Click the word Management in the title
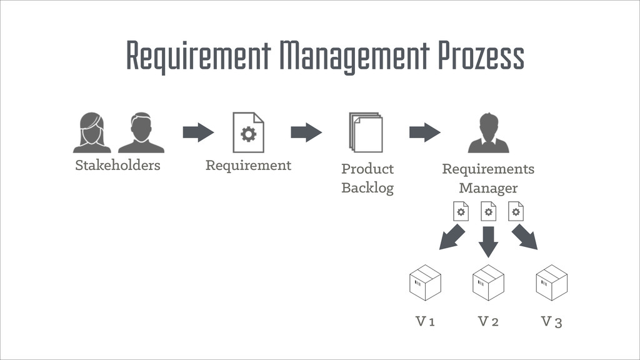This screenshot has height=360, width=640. [355, 56]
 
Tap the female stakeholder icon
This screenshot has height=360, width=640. [92, 132]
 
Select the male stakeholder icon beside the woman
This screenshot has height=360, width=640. [141, 132]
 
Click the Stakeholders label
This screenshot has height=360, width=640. [117, 166]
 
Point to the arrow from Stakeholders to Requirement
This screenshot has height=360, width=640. [198, 132]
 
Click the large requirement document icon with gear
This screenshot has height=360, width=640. [248, 132]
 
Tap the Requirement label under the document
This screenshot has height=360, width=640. [248, 166]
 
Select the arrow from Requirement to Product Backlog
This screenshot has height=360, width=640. [306, 132]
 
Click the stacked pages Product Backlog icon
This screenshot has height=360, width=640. [366, 132]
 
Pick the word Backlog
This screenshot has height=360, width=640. [367, 187]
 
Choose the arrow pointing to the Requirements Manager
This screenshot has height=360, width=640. [424, 132]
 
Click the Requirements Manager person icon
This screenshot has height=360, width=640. [488, 132]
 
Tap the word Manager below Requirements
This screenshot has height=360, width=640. [488, 187]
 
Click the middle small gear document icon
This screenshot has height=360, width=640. [488, 211]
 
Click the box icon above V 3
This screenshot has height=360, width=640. [551, 282]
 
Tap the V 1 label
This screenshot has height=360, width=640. [425, 322]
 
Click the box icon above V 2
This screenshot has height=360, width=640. [488, 282]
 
